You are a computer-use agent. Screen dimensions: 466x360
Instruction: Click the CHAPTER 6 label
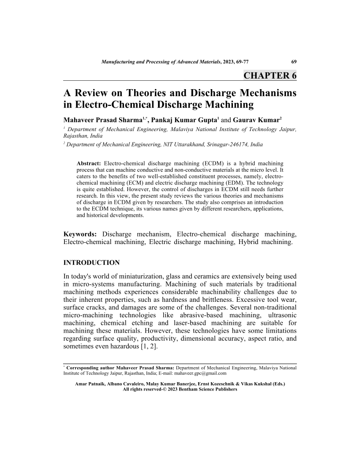[270, 75]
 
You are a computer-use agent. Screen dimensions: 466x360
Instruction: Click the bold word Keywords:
[80, 233]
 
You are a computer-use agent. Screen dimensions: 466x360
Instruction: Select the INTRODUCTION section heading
[92, 263]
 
